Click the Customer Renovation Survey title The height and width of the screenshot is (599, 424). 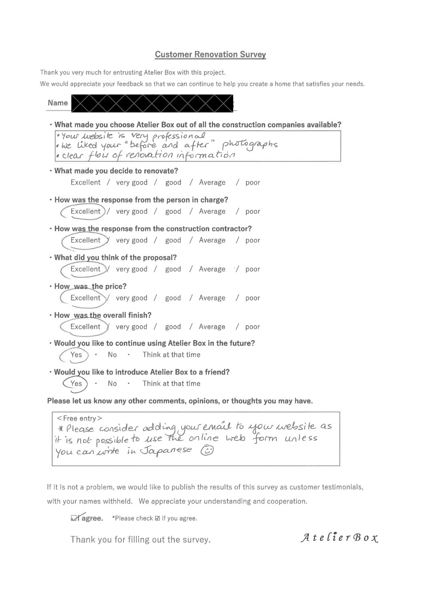coord(210,54)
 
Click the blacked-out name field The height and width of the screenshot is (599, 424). coord(152,103)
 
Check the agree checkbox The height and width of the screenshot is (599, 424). coord(75,518)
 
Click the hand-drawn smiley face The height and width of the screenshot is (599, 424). coord(207,450)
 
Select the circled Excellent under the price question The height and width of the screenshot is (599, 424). coord(85,298)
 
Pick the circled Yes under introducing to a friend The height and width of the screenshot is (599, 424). coord(76,384)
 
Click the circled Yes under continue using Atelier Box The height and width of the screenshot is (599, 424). coord(76,355)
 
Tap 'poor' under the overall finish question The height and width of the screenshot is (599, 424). coord(252,327)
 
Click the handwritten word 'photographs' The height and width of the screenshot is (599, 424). coord(250,145)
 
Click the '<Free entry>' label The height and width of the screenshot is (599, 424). coord(79,418)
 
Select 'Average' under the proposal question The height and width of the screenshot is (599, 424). coord(212,269)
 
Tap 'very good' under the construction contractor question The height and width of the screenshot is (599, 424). coord(131,240)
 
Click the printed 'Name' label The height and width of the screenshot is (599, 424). coord(58,103)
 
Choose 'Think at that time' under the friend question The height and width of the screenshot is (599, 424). coord(171,384)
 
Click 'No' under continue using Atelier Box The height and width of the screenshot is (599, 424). coord(112,355)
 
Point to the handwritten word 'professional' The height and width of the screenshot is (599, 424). coord(179,136)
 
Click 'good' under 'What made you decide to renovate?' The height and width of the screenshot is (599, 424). coord(173,183)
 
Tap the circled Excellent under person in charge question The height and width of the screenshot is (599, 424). coord(85,211)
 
